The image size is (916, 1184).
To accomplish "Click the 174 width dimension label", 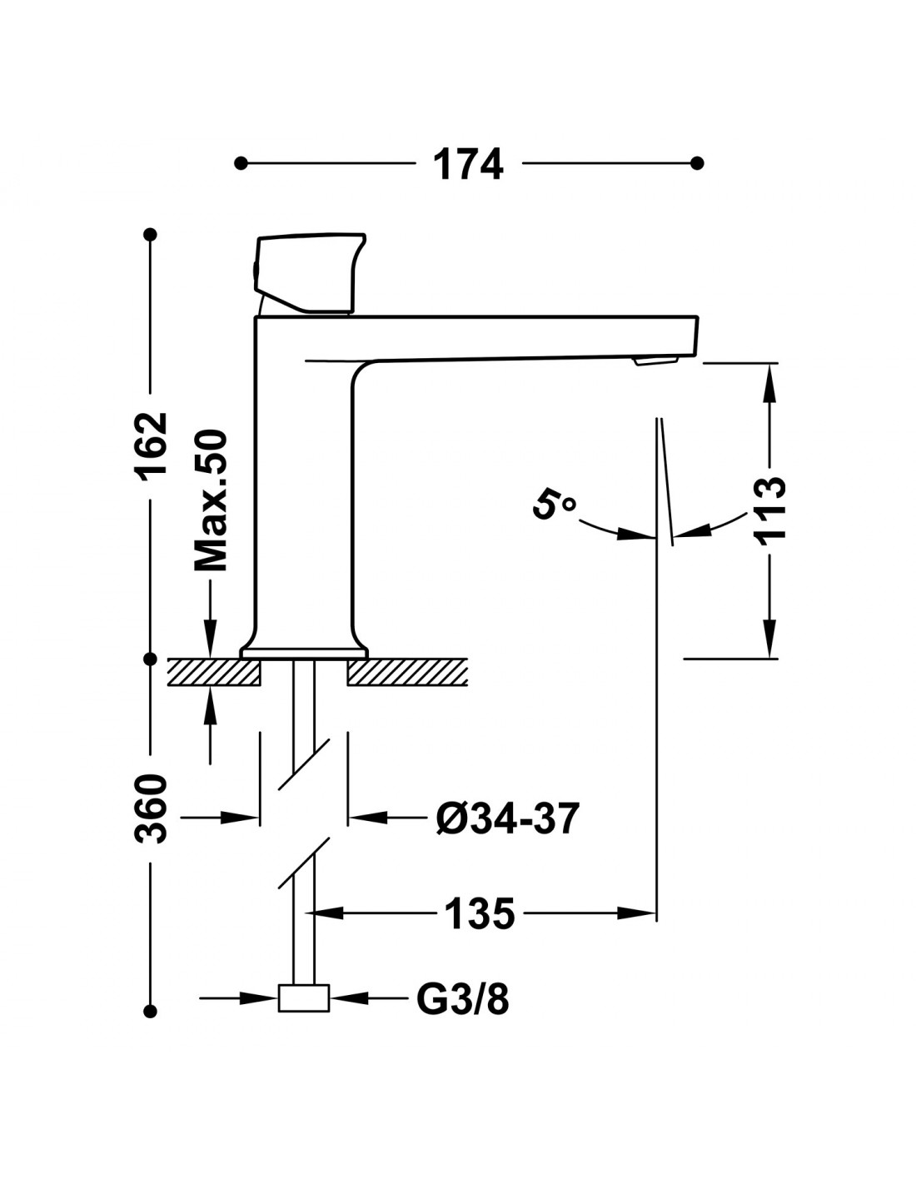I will (469, 164).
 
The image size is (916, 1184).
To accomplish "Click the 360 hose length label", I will (152, 808).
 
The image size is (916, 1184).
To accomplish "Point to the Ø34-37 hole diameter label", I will (506, 819).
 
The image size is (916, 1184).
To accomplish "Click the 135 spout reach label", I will (480, 914).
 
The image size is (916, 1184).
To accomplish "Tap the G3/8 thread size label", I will (462, 999).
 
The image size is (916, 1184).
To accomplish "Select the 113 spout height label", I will (771, 509).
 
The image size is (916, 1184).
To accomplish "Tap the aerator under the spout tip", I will (655, 360).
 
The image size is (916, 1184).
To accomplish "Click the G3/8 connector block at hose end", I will (303, 998).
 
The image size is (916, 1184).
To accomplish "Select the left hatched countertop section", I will (215, 671).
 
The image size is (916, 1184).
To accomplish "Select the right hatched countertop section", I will (406, 671).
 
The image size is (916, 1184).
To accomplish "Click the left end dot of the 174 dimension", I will (241, 162).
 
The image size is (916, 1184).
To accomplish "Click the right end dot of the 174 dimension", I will (698, 162).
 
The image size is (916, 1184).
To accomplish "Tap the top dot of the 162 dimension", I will (151, 236).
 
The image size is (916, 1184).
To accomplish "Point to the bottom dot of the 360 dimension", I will (151, 1011).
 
